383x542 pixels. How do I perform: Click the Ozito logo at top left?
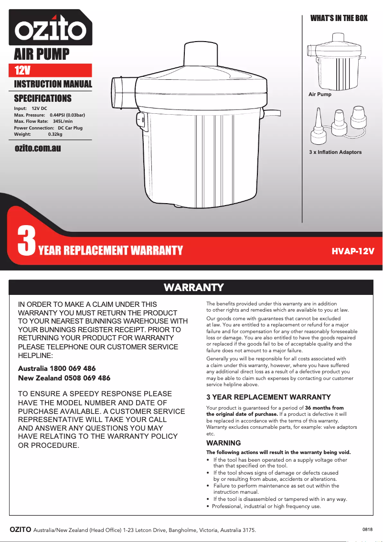click(50, 29)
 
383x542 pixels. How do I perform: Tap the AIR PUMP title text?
click(42, 54)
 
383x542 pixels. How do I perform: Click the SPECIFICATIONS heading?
click(43, 98)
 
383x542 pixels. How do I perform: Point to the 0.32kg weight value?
click(55, 134)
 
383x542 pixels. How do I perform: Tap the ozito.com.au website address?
click(38, 148)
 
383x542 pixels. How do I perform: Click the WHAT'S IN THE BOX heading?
click(339, 18)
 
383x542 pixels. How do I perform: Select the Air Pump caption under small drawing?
click(319, 95)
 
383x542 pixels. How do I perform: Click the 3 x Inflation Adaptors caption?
click(335, 152)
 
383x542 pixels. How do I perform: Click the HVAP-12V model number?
click(353, 251)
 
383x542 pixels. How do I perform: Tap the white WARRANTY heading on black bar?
click(194, 287)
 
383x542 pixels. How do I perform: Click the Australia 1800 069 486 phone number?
click(56, 369)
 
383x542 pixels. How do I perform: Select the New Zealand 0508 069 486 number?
click(64, 378)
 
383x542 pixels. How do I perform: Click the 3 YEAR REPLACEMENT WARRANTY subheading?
click(268, 397)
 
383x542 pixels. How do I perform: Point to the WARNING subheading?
click(223, 443)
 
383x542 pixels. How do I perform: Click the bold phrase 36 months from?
click(324, 408)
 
